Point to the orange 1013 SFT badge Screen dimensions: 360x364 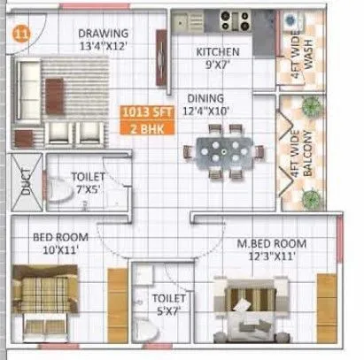point(144,112)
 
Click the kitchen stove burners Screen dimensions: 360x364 point(232,19)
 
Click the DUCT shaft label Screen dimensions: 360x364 point(27,181)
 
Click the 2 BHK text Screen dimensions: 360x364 point(144,128)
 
